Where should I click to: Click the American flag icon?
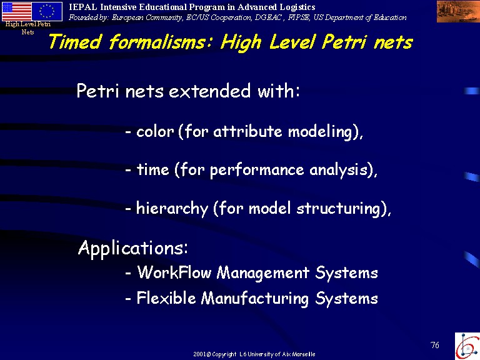click(x=16, y=11)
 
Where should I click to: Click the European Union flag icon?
click(x=47, y=11)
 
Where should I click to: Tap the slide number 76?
click(x=435, y=345)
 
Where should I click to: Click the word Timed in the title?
click(x=75, y=42)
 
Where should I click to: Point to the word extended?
click(x=210, y=91)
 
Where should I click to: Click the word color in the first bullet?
click(x=155, y=132)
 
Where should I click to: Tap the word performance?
click(x=257, y=171)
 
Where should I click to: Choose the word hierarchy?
click(x=172, y=209)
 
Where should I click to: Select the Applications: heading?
click(x=133, y=247)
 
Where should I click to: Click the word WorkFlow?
click(x=174, y=272)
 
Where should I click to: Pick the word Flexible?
click(x=166, y=298)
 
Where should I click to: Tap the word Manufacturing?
click(x=255, y=299)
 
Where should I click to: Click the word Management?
click(x=263, y=272)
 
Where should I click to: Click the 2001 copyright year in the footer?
click(x=199, y=354)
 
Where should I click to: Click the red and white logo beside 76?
click(x=467, y=346)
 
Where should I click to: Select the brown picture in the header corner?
click(x=458, y=12)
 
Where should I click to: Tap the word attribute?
click(x=247, y=132)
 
